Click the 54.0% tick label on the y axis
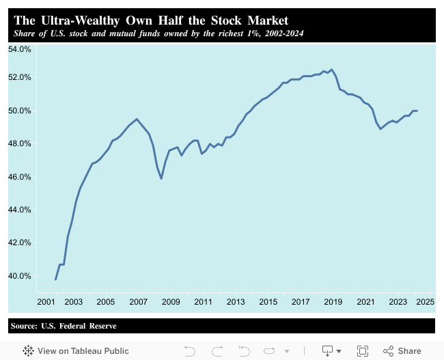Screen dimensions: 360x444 (x=20, y=49)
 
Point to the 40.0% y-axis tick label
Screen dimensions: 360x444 (x=20, y=276)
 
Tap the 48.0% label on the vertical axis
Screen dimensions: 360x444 (x=20, y=143)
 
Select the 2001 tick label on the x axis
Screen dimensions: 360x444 (x=46, y=301)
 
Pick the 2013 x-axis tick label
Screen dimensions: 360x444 (x=236, y=301)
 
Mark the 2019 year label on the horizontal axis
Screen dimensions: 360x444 (x=333, y=301)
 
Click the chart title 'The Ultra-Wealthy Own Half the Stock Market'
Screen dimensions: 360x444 (x=151, y=20)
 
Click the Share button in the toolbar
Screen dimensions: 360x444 (x=402, y=350)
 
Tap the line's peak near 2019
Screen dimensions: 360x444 (x=331, y=69)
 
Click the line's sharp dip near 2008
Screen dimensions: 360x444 (x=161, y=178)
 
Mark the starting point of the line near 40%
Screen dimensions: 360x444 (x=55, y=279)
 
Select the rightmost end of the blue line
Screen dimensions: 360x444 (x=417, y=111)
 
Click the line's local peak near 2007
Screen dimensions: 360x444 (x=137, y=120)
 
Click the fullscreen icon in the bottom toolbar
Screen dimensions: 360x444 (x=363, y=350)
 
